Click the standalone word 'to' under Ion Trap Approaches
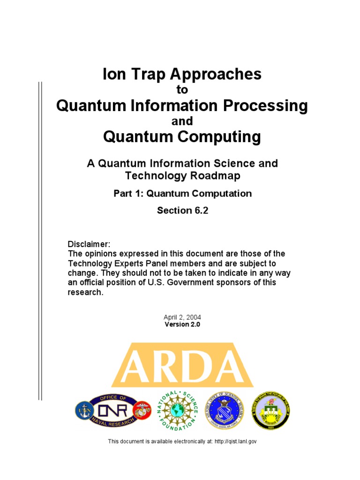(182, 90)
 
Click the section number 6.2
(197, 210)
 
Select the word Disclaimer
(89, 245)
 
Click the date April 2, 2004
(182, 317)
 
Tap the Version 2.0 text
(182, 324)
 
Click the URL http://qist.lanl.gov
(235, 441)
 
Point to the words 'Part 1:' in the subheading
(128, 193)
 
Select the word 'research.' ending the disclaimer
(85, 292)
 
